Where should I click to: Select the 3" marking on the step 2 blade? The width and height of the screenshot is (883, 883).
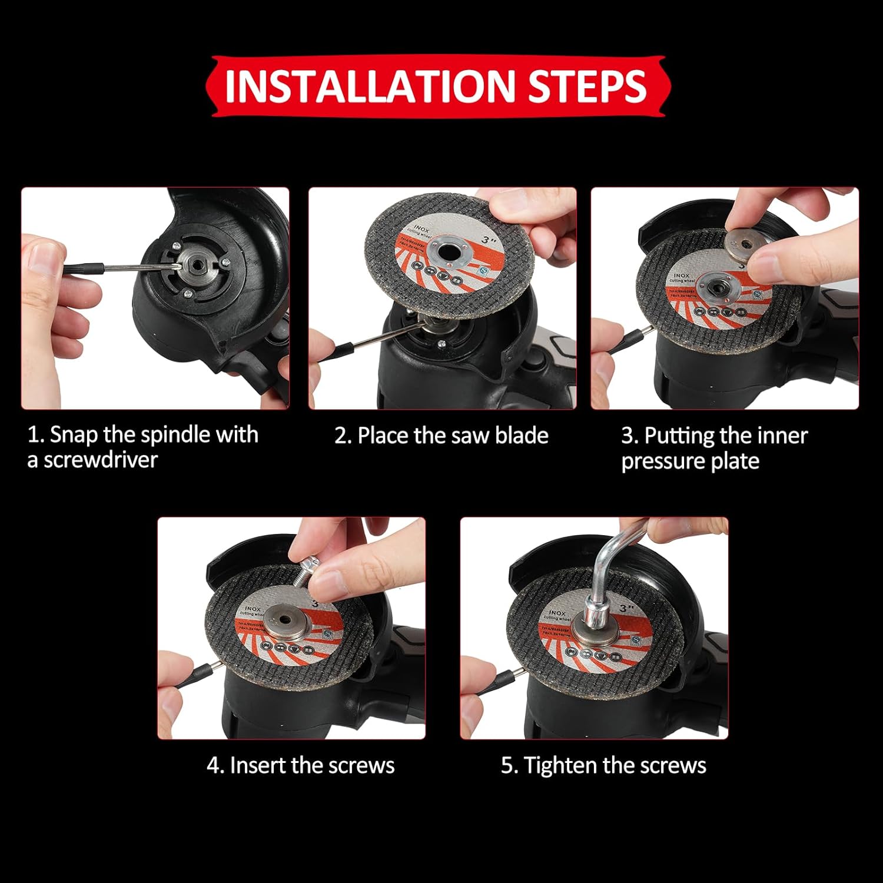486,240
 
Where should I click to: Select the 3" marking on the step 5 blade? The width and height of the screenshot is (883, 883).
626,608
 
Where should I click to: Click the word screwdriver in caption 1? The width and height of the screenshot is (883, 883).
101,460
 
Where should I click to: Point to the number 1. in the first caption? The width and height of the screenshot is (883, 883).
36,435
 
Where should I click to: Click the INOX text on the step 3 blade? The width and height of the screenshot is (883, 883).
681,275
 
